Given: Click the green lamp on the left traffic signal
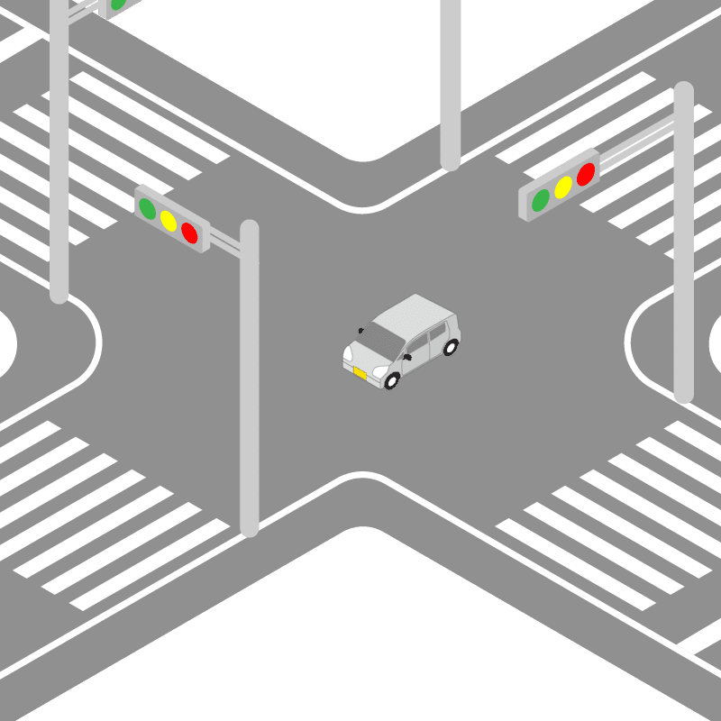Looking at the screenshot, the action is click(146, 207).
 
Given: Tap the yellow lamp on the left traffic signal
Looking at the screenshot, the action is click(168, 220).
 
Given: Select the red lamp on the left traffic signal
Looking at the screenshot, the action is click(189, 233).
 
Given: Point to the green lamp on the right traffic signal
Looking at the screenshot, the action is click(540, 200).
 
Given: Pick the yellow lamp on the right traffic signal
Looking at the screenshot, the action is click(563, 187).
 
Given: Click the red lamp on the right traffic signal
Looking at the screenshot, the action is click(586, 174).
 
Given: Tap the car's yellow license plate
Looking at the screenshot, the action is click(360, 372).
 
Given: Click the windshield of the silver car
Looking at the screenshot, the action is click(382, 341).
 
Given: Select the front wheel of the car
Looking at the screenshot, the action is click(392, 381).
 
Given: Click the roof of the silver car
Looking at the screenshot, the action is click(415, 315).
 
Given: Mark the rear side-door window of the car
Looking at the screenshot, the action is click(438, 334).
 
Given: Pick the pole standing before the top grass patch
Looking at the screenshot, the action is click(450, 81).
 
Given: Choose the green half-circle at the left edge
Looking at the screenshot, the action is click(6, 342).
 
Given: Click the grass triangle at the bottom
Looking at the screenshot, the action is click(360, 631).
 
